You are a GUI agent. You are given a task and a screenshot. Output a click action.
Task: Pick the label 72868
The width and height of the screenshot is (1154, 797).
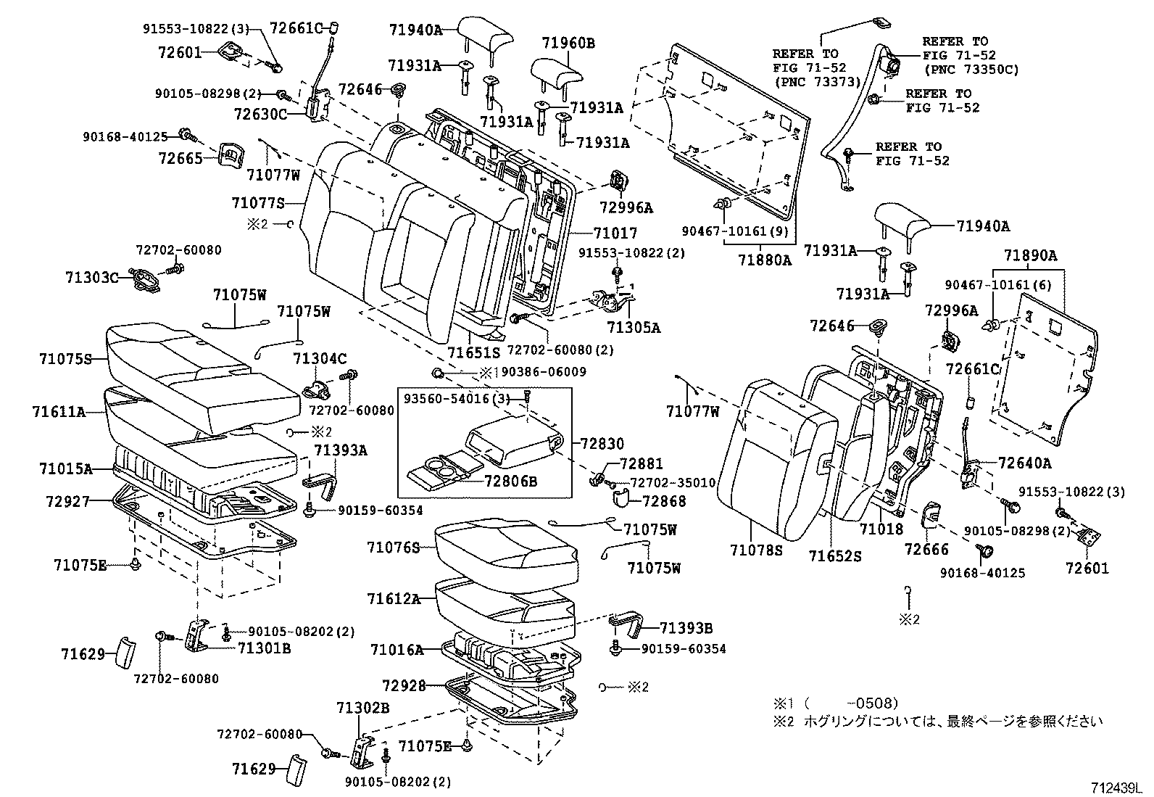pyautogui.click(x=663, y=501)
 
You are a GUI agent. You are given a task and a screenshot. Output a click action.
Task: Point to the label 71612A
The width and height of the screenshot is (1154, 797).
pyautogui.click(x=394, y=598)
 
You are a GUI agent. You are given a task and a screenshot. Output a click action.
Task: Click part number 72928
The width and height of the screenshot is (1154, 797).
pyautogui.click(x=404, y=685)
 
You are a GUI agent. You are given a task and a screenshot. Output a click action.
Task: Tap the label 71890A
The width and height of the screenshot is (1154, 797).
pyautogui.click(x=1030, y=255)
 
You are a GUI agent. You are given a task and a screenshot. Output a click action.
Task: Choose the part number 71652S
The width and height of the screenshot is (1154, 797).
pyautogui.click(x=835, y=556)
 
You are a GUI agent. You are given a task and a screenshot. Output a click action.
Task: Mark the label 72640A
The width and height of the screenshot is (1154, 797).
pyautogui.click(x=1024, y=463)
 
